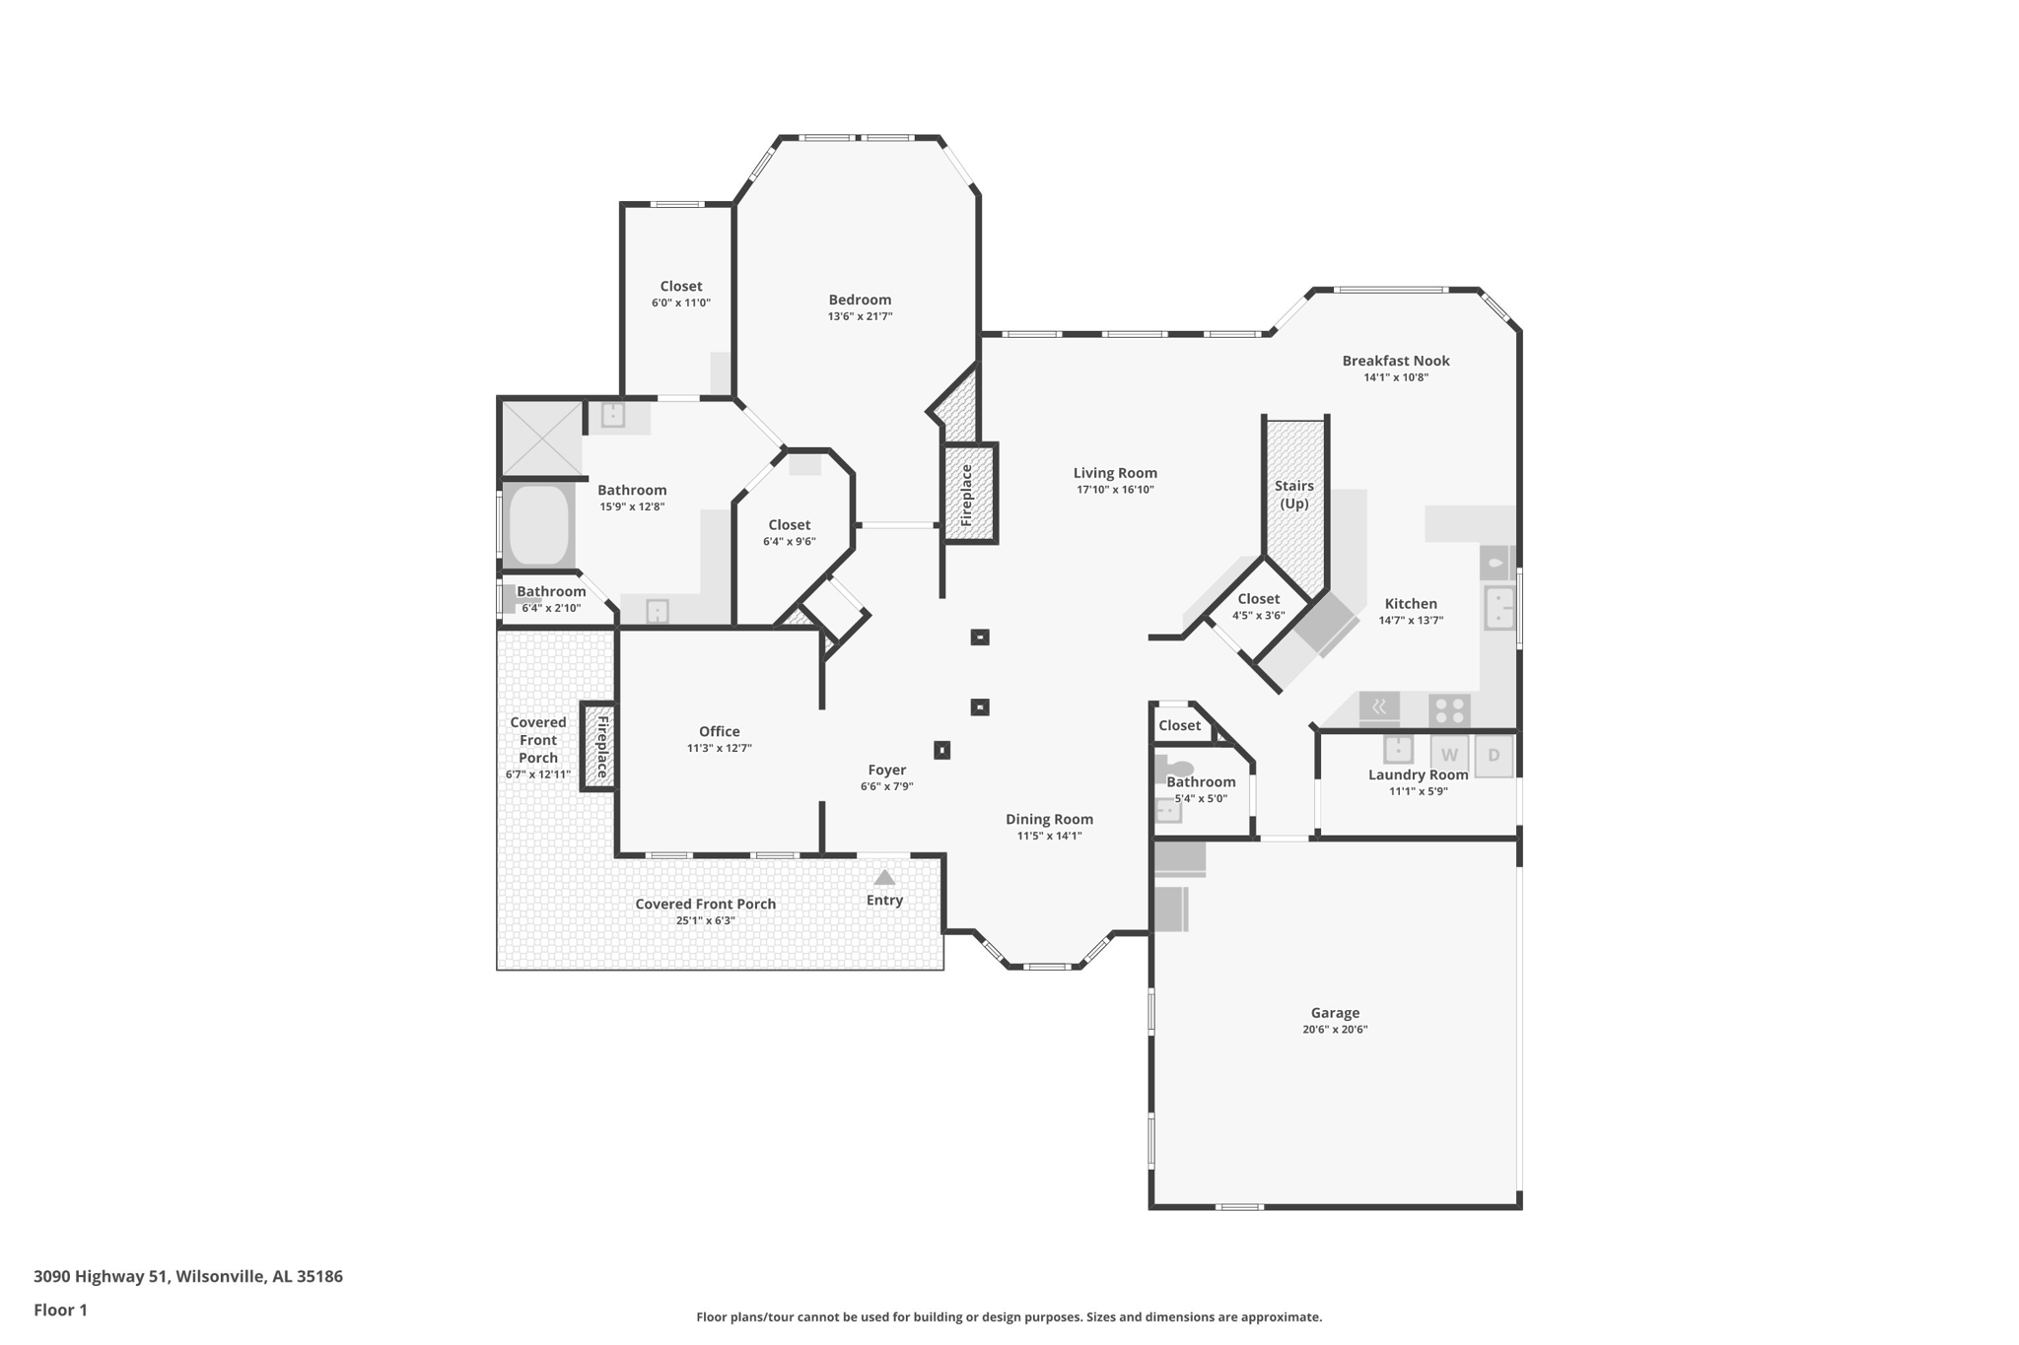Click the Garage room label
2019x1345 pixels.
pyautogui.click(x=1335, y=1013)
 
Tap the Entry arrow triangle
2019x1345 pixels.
pyautogui.click(x=884, y=877)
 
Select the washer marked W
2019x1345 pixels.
pyautogui.click(x=1449, y=755)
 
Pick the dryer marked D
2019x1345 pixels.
pyautogui.click(x=1494, y=756)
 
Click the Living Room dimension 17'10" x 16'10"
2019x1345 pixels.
pyautogui.click(x=1115, y=490)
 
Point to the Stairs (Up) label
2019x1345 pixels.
pyautogui.click(x=1294, y=495)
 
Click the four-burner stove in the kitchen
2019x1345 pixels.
pyautogui.click(x=1449, y=709)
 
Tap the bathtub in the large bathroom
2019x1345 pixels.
pyautogui.click(x=539, y=524)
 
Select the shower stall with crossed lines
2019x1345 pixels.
pyautogui.click(x=541, y=437)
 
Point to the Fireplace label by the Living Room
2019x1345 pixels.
pyautogui.click(x=966, y=495)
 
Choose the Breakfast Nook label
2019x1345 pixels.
pyautogui.click(x=1396, y=361)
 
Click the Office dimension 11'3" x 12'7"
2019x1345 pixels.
pyautogui.click(x=720, y=748)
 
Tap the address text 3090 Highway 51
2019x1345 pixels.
pyautogui.click(x=101, y=1276)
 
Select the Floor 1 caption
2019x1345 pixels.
pyautogui.click(x=60, y=1310)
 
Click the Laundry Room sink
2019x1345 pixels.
pyautogui.click(x=1398, y=749)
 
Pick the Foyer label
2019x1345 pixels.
pyautogui.click(x=887, y=770)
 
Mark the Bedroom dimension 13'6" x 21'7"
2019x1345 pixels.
pyautogui.click(x=860, y=316)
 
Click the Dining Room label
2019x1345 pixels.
pyautogui.click(x=1049, y=819)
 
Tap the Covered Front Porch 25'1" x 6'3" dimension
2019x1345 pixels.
pyautogui.click(x=706, y=920)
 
